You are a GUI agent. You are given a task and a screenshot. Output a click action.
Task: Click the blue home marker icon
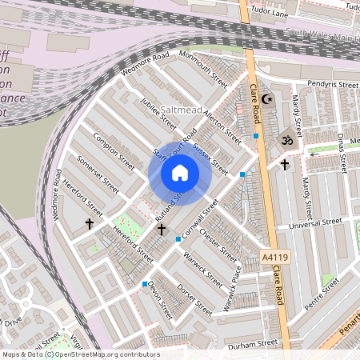point(180,173)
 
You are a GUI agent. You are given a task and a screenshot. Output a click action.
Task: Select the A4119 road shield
point(273,258)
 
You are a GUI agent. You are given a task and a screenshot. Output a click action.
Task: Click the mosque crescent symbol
point(267,100)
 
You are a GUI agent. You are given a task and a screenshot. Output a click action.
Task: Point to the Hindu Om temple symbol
point(282,139)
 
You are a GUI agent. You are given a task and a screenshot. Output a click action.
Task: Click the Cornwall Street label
point(199,218)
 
